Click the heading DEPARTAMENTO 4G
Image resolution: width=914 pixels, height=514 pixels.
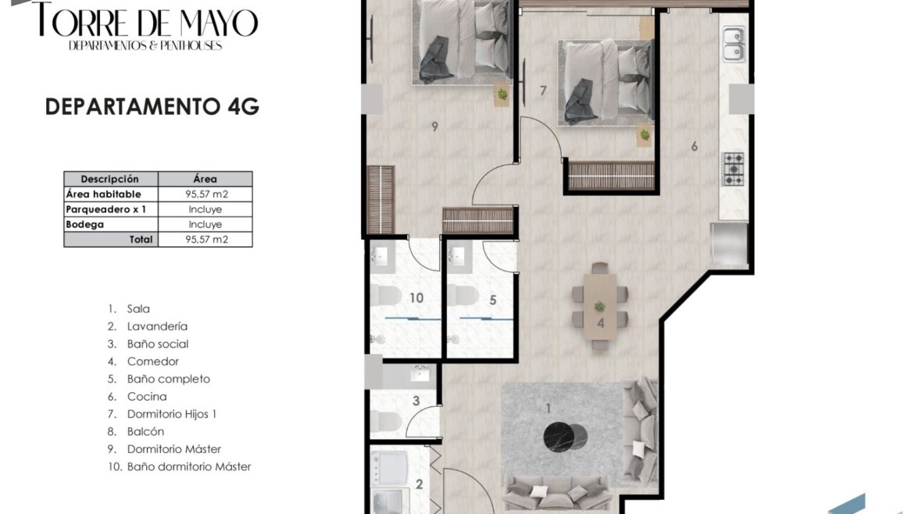[x=152, y=107]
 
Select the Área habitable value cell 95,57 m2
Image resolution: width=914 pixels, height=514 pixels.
[x=205, y=194]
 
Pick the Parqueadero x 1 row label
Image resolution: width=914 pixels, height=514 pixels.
[x=106, y=209]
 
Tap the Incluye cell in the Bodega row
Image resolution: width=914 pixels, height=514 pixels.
[x=205, y=224]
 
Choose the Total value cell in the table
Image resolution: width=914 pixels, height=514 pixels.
[x=205, y=240]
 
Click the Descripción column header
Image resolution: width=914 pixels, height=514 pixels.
[x=110, y=179]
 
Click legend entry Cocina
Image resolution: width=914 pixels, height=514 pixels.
[x=137, y=396]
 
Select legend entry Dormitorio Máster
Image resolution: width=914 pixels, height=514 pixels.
[x=164, y=448]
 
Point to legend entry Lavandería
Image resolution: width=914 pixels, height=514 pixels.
[x=148, y=327]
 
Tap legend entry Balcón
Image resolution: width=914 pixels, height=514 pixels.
[x=136, y=431]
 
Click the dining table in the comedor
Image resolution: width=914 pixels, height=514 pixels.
[x=601, y=306]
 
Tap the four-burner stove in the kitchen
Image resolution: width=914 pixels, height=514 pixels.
[x=734, y=169]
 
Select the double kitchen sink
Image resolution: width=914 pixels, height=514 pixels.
[x=734, y=45]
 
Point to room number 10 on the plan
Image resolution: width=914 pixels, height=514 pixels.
[x=416, y=298]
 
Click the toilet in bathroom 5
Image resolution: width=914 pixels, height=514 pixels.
[x=462, y=295]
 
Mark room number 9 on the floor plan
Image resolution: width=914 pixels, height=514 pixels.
[x=434, y=127]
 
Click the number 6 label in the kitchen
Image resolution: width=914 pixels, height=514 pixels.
[x=694, y=146]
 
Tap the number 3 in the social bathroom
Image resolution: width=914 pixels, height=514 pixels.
[x=416, y=401]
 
